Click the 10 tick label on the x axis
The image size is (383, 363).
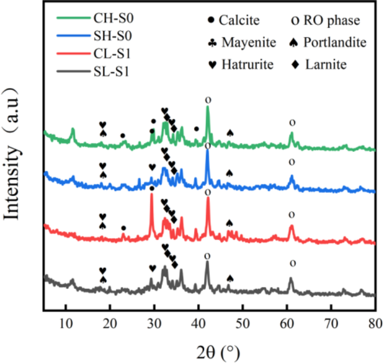(x=66, y=324)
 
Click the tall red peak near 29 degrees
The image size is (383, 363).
(x=151, y=196)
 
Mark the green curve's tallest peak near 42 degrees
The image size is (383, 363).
(x=208, y=108)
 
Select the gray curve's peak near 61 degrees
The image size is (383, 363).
(x=291, y=278)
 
